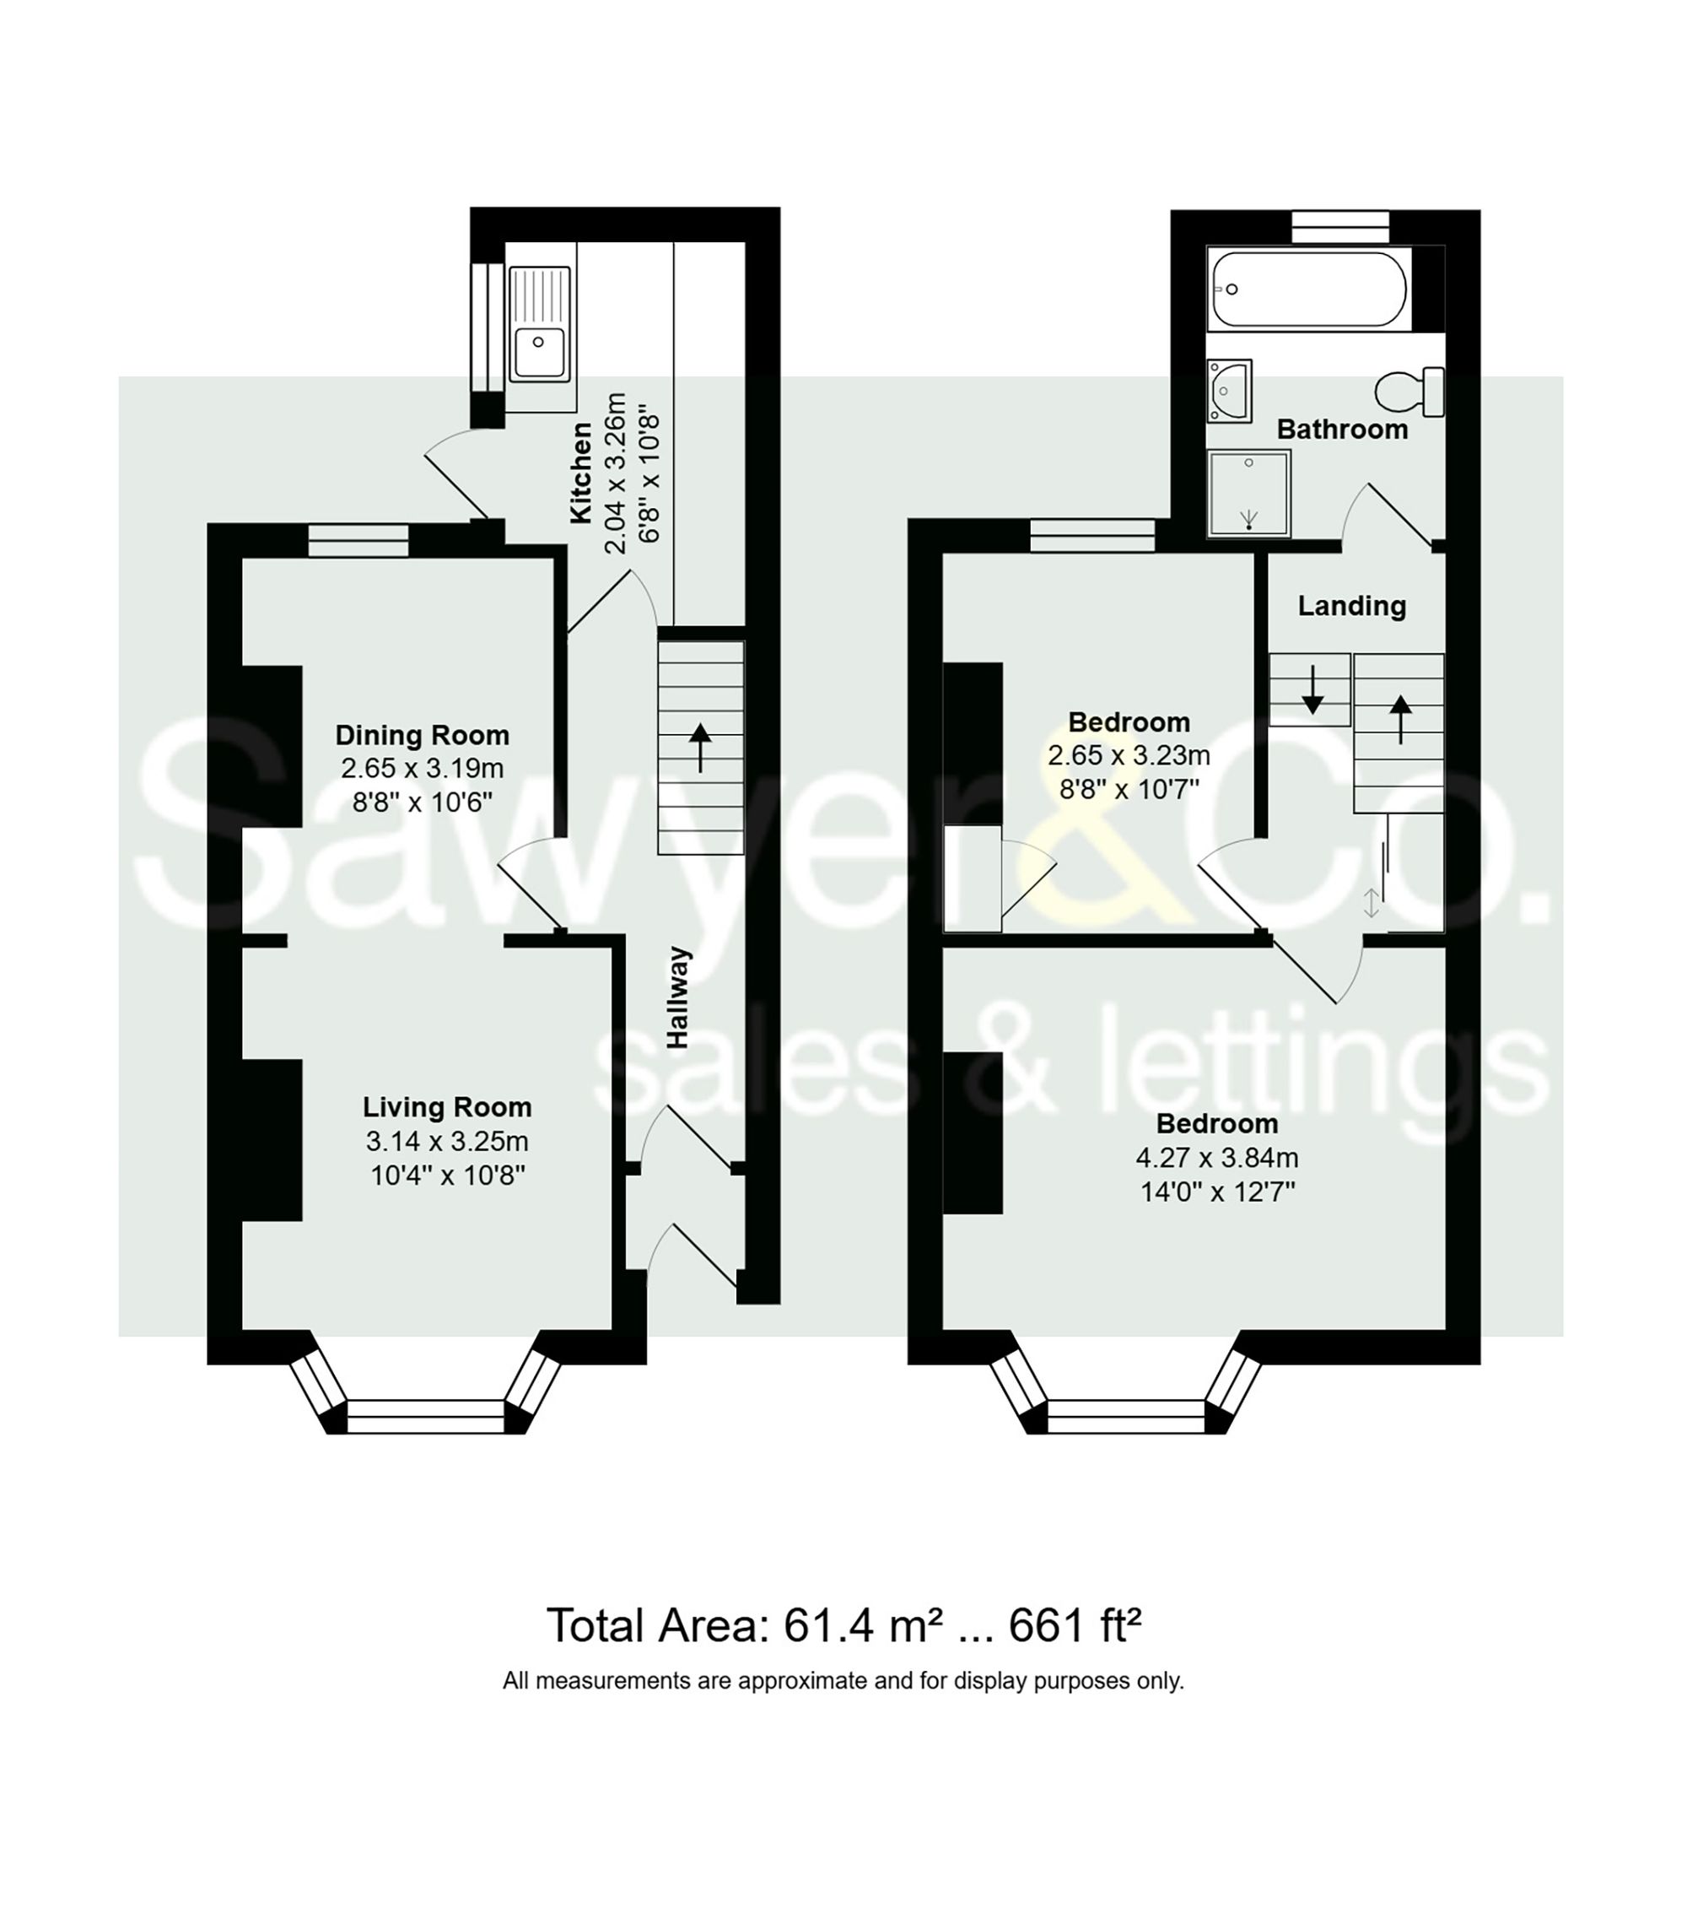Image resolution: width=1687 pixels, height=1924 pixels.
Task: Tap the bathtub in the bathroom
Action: [1307, 288]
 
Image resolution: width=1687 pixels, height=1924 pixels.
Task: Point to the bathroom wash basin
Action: [1230, 389]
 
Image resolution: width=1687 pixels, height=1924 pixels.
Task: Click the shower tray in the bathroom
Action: [1248, 494]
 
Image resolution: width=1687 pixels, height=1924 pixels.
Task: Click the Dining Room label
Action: [422, 734]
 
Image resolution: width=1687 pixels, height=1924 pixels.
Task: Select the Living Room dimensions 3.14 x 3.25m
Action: [447, 1141]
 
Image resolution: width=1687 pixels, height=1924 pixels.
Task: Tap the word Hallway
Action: [678, 997]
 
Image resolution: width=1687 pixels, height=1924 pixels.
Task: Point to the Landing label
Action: [1351, 605]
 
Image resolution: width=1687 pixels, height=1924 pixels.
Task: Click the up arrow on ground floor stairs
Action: [700, 747]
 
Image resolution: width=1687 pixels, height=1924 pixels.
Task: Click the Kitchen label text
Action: [581, 473]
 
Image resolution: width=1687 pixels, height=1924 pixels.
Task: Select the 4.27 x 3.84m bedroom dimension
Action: [1216, 1157]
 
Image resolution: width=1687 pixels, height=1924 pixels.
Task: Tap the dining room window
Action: [358, 540]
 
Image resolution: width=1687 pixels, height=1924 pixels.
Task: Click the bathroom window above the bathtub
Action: [1339, 226]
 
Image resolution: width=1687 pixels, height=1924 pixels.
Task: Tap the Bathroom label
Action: [1342, 430]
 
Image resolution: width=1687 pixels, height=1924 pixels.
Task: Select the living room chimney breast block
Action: [272, 1139]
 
